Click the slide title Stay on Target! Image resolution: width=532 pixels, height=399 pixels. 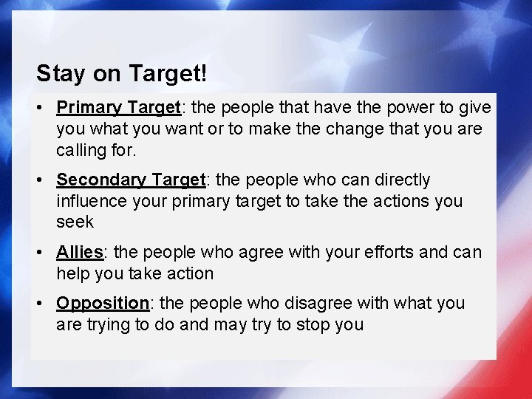(x=121, y=73)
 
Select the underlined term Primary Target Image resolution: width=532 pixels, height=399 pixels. (x=118, y=108)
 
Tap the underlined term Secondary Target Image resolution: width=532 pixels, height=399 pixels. (x=130, y=180)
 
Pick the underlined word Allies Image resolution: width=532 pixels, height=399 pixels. (x=79, y=252)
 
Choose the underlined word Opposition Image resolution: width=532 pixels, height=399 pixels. (x=103, y=303)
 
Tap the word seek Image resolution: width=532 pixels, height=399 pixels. (x=75, y=222)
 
